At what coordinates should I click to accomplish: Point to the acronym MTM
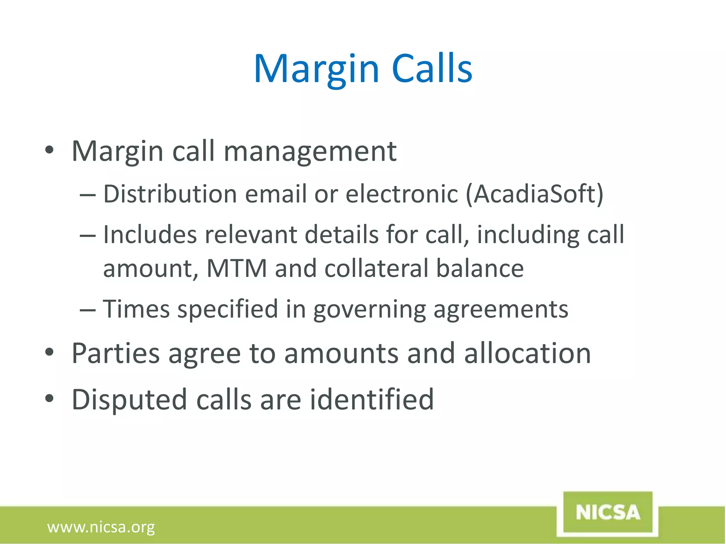click(x=236, y=268)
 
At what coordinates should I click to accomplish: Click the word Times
click(x=136, y=309)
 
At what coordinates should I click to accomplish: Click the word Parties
click(x=116, y=353)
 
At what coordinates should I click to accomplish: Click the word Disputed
click(x=129, y=400)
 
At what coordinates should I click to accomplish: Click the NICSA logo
click(x=608, y=512)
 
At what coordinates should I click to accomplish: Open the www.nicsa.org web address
click(x=101, y=527)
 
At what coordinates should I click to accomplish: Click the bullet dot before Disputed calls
click(x=49, y=398)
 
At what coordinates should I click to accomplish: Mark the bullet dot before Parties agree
click(x=49, y=352)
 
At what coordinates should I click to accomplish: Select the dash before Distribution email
click(x=88, y=195)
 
